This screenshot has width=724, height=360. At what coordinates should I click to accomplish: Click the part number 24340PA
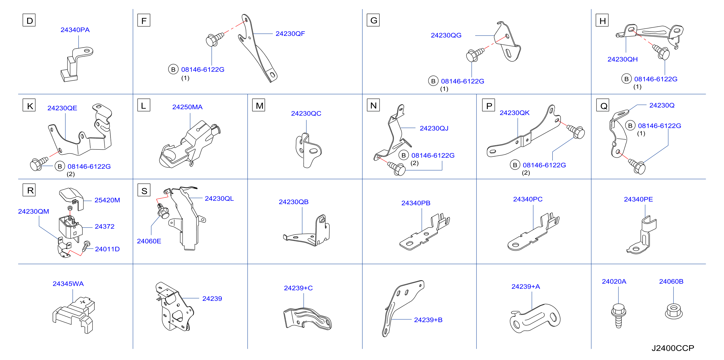75,30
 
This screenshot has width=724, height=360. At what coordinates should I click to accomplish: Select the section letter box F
144,20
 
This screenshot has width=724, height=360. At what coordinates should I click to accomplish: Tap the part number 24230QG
446,35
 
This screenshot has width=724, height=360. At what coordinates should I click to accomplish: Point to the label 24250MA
187,107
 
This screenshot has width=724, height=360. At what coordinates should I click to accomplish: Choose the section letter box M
259,105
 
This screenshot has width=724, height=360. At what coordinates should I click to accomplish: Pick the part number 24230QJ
434,128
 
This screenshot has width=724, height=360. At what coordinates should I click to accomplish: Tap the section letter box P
488,105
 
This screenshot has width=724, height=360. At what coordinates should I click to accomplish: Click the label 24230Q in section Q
662,105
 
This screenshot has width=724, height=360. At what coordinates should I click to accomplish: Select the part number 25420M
107,200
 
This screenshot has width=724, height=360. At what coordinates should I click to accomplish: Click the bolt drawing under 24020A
618,316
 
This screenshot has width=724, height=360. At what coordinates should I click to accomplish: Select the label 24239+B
428,320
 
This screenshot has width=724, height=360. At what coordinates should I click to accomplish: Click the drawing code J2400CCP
673,348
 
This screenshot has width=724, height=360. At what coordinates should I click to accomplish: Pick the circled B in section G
433,81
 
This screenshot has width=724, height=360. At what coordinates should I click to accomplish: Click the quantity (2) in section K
71,174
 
